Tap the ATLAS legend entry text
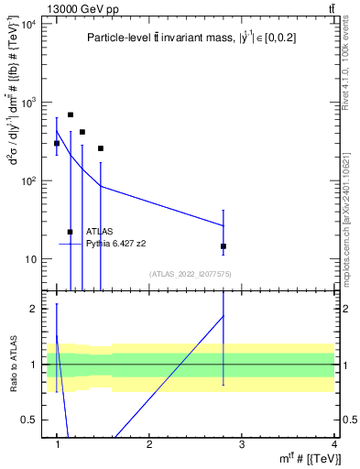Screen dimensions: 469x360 [101, 232]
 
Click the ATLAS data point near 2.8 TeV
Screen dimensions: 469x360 [224, 246]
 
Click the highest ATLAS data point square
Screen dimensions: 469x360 [71, 115]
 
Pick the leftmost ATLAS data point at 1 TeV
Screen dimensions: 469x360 [57, 143]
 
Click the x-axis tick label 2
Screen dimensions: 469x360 [149, 444]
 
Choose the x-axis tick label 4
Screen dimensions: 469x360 [333, 444]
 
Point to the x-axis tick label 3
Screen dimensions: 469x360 [241, 444]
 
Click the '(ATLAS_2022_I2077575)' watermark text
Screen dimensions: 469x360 [191, 273]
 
